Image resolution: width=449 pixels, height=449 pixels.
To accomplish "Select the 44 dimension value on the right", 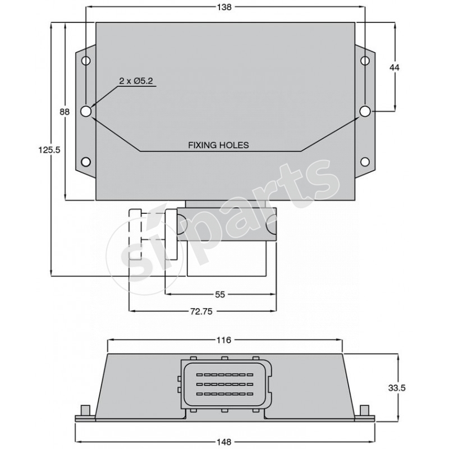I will [395, 67].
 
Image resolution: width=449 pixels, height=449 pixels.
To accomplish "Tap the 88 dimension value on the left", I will [65, 112].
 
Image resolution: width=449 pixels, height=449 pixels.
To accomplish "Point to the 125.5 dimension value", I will [50, 149].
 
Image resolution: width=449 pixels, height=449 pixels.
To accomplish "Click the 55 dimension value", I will [221, 294].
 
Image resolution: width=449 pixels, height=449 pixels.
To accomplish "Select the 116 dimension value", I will [224, 340].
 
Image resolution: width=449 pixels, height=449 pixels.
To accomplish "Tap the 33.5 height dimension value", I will [397, 387].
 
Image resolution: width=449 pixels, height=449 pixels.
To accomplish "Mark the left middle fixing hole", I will [86, 112].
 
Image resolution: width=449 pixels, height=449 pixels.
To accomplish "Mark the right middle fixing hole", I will [365, 112].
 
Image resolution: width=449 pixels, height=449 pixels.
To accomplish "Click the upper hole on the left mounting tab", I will [86, 61].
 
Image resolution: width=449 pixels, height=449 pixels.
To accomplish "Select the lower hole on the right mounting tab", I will [365, 162].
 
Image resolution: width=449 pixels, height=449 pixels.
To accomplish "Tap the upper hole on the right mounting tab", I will [365, 61].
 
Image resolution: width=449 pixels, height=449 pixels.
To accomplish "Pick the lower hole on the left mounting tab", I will [86, 162].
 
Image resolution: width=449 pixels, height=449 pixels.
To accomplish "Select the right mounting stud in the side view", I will [364, 410].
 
